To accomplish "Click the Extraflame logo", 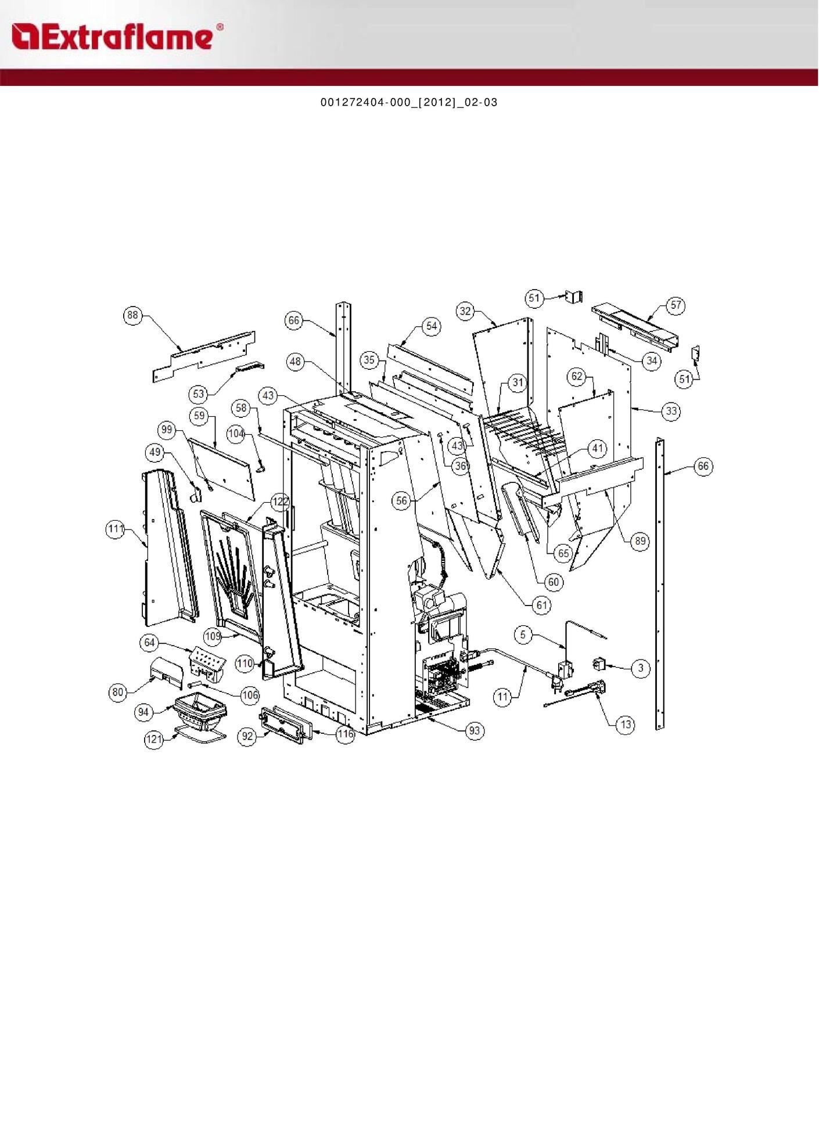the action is pyautogui.click(x=117, y=36).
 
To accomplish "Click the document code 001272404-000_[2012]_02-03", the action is pyautogui.click(x=409, y=103).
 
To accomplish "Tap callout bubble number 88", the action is pyautogui.click(x=133, y=315).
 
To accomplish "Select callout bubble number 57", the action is pyautogui.click(x=676, y=305).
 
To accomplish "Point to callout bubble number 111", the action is pyautogui.click(x=116, y=529).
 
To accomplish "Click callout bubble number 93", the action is pyautogui.click(x=475, y=730).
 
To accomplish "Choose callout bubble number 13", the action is pyautogui.click(x=625, y=725).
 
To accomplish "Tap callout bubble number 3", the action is pyautogui.click(x=641, y=668).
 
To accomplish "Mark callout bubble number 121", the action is pyautogui.click(x=154, y=739).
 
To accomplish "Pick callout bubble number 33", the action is pyautogui.click(x=671, y=411).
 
